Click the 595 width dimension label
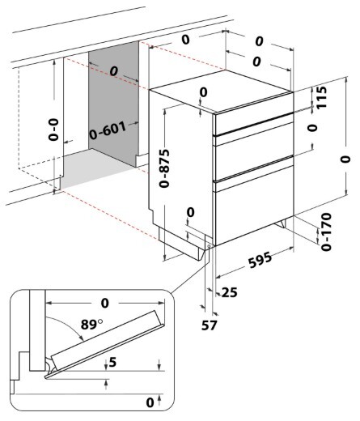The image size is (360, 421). [260, 260]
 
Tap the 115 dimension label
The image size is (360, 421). [321, 97]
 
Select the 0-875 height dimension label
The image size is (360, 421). [164, 168]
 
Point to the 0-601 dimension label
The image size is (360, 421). [108, 131]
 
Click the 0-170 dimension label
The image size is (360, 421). [326, 232]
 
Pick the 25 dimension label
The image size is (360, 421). [229, 292]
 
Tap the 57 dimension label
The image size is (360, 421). [209, 325]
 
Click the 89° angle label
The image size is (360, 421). [91, 324]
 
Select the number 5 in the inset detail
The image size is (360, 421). [112, 362]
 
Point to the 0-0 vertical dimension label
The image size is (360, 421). [53, 130]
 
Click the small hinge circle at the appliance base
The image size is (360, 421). [210, 246]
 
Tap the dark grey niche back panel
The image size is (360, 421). [113, 104]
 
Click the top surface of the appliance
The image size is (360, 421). [221, 91]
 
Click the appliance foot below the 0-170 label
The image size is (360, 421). [281, 224]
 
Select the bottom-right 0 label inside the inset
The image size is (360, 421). [150, 402]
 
